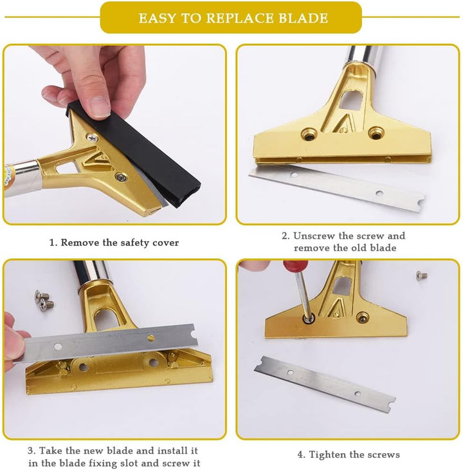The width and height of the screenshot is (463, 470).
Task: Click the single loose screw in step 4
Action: (422, 275)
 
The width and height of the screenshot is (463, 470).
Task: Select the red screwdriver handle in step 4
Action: (295, 266)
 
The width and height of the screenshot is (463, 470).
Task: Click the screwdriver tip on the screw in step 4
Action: (307, 317)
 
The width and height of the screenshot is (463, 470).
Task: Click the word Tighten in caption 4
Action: (325, 455)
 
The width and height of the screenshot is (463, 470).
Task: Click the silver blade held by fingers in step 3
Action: (108, 343)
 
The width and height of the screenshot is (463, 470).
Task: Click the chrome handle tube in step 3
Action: (93, 275)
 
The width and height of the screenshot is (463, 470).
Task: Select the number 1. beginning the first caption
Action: (53, 243)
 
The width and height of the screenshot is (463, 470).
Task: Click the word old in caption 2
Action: (358, 248)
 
